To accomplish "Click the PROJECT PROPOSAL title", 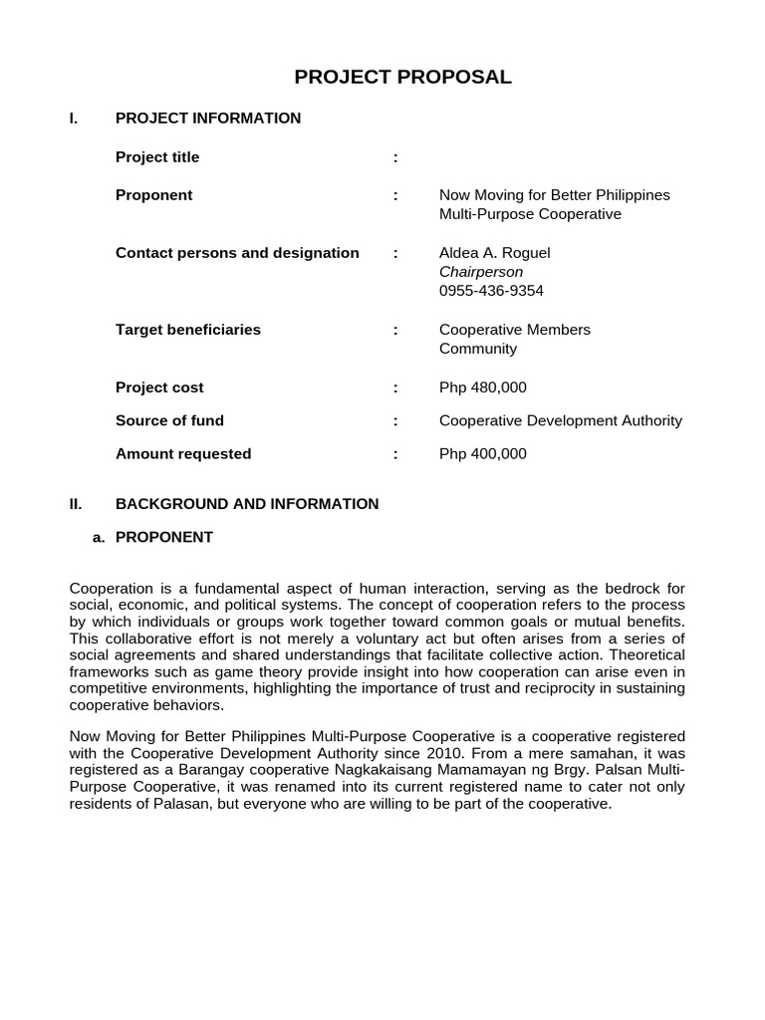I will click(402, 78).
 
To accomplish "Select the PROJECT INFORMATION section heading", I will click(207, 119).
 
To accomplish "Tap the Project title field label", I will click(157, 157).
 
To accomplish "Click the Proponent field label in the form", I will click(153, 195).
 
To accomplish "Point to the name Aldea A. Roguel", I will click(494, 253).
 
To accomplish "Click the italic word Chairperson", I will click(480, 272).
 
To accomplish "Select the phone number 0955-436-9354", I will click(491, 291).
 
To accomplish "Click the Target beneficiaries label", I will click(187, 330).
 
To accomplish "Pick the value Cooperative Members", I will click(514, 330).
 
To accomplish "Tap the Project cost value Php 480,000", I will click(482, 387).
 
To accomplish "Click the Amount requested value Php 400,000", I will click(482, 454).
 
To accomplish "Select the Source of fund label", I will click(169, 420).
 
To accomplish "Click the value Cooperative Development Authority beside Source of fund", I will click(560, 420).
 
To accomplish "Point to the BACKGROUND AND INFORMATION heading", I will click(247, 504).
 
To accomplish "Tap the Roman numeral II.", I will click(75, 504).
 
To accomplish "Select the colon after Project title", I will click(395, 157).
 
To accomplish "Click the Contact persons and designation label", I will click(237, 253).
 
